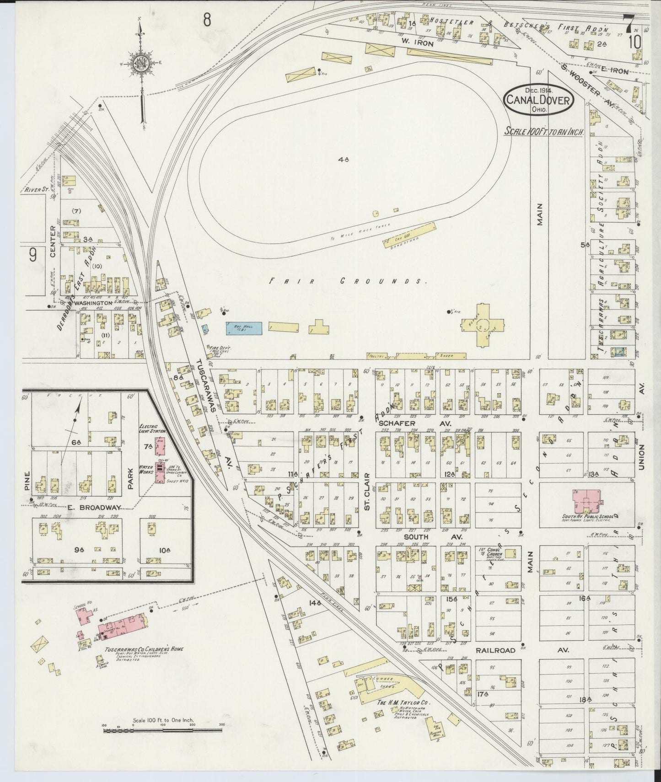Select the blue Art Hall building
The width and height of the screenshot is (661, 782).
244,328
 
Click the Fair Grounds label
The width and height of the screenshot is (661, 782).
348,281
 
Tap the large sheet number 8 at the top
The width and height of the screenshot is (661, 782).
207,20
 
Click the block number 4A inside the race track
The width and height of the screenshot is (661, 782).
344,160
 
